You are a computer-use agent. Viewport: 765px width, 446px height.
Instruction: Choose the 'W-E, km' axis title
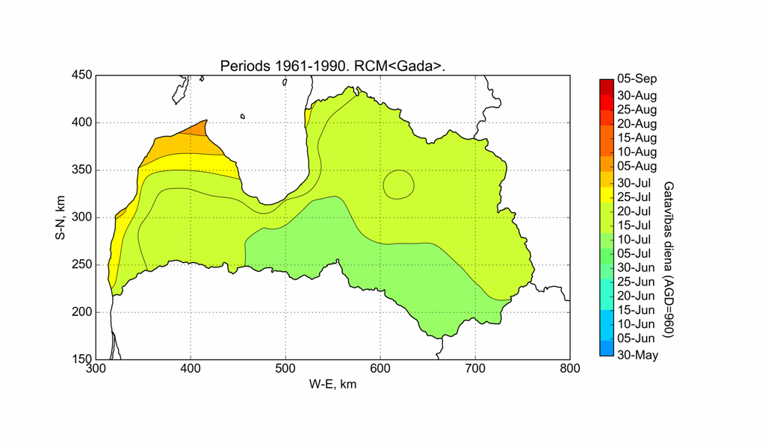click(332, 384)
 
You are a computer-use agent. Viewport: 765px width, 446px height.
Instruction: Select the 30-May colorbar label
click(637, 355)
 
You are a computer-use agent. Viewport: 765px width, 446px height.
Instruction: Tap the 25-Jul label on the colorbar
click(634, 197)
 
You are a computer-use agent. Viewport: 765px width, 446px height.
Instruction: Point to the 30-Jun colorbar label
click(635, 267)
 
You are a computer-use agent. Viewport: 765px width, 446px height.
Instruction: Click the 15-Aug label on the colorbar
click(637, 137)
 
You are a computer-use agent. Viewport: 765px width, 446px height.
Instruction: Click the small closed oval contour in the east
click(398, 184)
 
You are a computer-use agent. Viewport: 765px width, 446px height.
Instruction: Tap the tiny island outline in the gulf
click(243, 116)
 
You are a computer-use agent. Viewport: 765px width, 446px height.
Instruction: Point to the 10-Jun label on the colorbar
click(635, 324)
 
